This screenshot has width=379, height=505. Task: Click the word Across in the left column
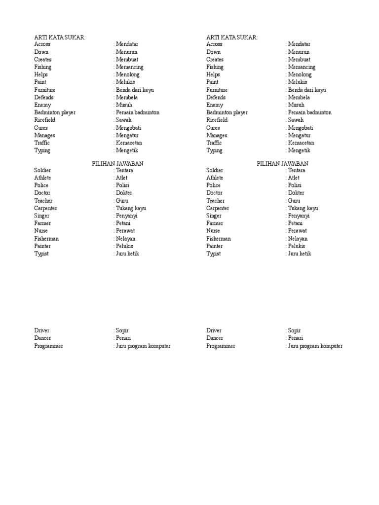[x=42, y=44]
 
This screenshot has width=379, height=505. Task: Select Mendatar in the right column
[x=300, y=44]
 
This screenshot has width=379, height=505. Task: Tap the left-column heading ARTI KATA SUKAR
[x=59, y=37]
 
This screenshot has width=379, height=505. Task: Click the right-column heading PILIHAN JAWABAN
[x=282, y=163]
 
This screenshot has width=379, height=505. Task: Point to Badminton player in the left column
[x=55, y=112]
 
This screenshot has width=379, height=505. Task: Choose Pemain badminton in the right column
[x=310, y=112]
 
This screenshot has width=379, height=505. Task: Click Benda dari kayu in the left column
[x=134, y=90]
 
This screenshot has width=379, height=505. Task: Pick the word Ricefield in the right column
[x=217, y=120]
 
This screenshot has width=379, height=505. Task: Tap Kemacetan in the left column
[x=133, y=143]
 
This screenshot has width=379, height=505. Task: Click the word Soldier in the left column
[x=42, y=170]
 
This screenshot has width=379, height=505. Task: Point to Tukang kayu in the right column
[x=303, y=208]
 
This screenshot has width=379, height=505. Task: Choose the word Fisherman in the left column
[x=46, y=239]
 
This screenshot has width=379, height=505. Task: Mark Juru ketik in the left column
[x=128, y=253]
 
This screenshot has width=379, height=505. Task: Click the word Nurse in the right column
[x=213, y=231]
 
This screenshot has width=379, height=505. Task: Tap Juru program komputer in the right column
[x=315, y=346]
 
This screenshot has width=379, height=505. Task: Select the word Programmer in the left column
[x=48, y=346]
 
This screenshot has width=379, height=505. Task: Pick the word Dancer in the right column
[x=215, y=338]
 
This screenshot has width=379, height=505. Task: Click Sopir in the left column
[x=122, y=330]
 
